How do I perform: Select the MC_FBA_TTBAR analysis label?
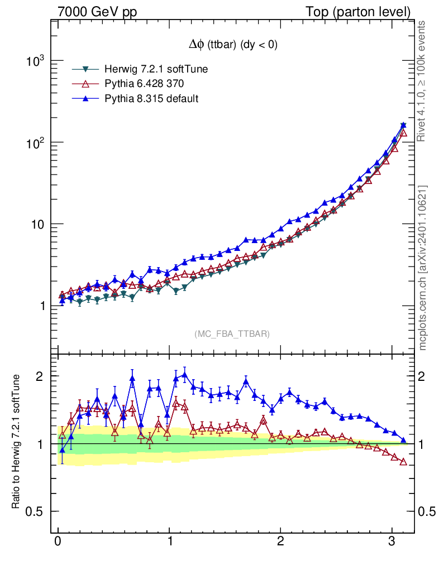coord(232,334)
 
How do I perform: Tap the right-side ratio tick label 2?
coord(426,376)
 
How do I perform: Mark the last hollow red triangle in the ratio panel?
coord(403,462)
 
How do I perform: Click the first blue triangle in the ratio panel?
coord(62,449)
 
